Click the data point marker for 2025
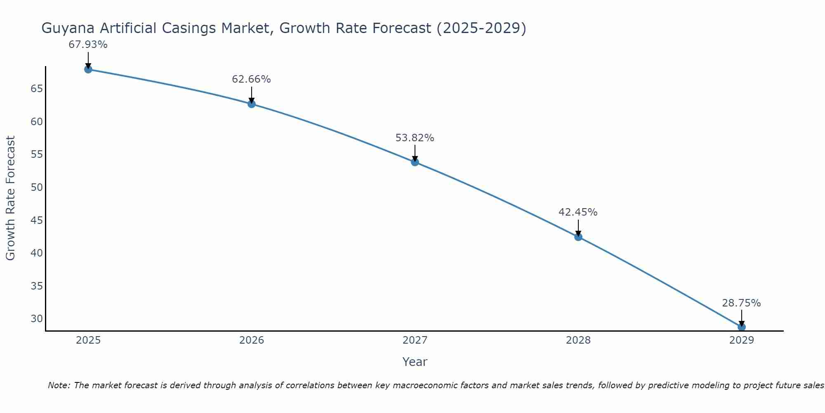pos(88,69)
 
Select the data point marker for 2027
pos(415,162)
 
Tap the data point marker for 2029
pos(741,327)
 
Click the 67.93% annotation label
pos(88,45)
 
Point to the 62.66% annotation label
pos(251,79)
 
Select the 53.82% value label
pos(415,138)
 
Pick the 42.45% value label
pos(578,212)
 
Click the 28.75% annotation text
pos(741,303)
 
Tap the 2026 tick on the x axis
pos(252,340)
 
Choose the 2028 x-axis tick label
pos(578,340)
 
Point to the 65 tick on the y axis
pos(37,89)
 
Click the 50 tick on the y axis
pos(37,188)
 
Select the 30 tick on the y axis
pos(37,319)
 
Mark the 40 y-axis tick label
pos(37,253)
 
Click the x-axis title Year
pos(415,362)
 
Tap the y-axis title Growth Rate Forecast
pos(10,198)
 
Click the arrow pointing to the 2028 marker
pos(578,228)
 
